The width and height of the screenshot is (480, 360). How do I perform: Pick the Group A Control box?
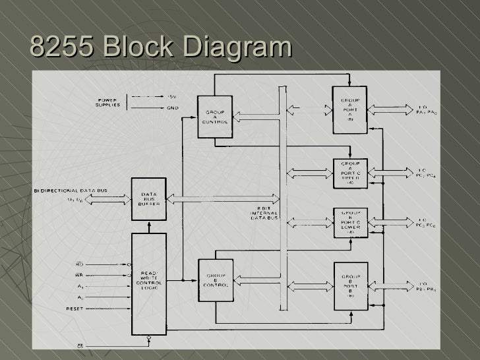tap(215, 117)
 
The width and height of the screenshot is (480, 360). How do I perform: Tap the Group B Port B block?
tap(350, 285)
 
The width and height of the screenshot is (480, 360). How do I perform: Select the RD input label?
tap(78, 265)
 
